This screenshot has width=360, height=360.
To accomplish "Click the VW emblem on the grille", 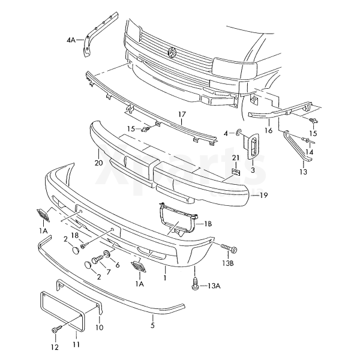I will pyautogui.click(x=172, y=53).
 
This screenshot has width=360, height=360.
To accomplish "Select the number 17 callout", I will pyautogui.click(x=182, y=113).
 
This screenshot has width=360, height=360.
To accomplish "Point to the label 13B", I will pyautogui.click(x=227, y=263).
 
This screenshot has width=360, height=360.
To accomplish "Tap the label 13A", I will pyautogui.click(x=214, y=286).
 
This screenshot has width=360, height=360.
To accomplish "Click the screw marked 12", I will pyautogui.click(x=56, y=330).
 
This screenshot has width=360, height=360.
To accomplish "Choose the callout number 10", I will pyautogui.click(x=100, y=328).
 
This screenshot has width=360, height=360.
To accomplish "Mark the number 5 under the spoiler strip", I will pyautogui.click(x=152, y=326).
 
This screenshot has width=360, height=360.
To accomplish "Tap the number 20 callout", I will pyautogui.click(x=98, y=162).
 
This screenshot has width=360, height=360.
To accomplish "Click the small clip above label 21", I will pyautogui.click(x=235, y=172).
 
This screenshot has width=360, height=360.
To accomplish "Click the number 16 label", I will pyautogui.click(x=269, y=130).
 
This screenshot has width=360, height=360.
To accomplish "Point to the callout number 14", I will pyautogui.click(x=310, y=152).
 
